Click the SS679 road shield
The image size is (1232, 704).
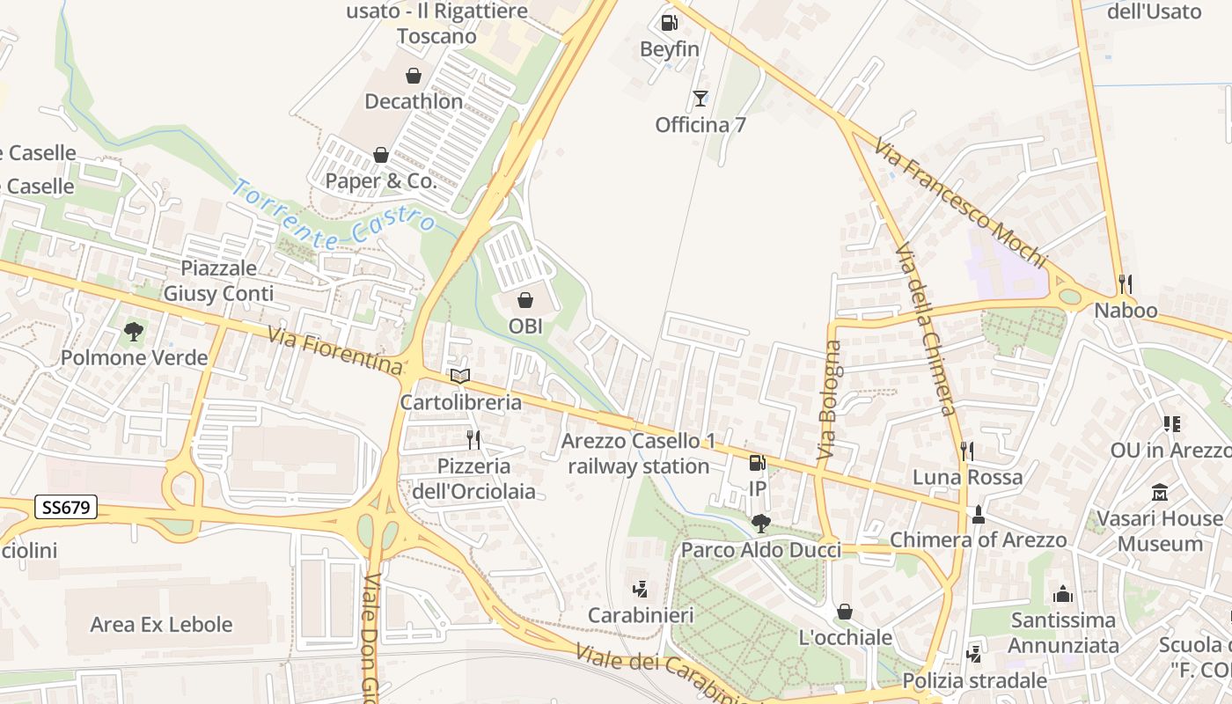coord(66,508)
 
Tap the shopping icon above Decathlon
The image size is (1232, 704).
coord(413,77)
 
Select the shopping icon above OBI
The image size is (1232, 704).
coord(525,300)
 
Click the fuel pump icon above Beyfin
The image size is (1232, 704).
coord(669,23)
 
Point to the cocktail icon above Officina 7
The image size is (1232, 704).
coord(700,99)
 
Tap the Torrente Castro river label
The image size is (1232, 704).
coord(334,214)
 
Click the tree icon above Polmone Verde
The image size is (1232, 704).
coord(134,332)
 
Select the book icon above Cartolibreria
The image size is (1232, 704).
coord(460,377)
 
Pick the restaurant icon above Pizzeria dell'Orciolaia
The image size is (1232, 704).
coord(473,439)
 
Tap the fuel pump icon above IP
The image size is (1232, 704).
coord(757,462)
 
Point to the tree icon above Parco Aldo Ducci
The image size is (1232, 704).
coord(761,524)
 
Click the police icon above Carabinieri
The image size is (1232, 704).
coord(641,589)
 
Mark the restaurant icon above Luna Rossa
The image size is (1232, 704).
coord(966,451)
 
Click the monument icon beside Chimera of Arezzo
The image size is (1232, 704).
coord(978,515)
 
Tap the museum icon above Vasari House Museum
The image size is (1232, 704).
coord(1159,493)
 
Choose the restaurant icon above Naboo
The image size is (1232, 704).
coord(1125,284)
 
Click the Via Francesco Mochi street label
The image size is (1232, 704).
coord(961,202)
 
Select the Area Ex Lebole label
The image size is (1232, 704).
coord(162,625)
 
